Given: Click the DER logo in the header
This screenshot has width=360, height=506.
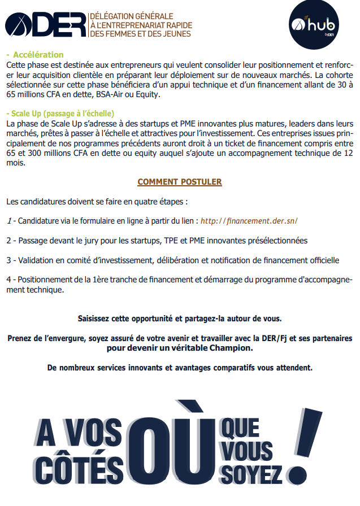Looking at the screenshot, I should (45, 24).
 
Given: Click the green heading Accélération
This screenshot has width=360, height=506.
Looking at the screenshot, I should (38, 55).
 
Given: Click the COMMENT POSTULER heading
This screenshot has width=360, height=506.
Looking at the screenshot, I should (180, 182).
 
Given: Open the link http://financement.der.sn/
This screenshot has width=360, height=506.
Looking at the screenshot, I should (249, 220).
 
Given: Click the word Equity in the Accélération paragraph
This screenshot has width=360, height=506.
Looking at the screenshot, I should (149, 94).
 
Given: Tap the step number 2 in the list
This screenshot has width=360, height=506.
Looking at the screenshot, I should (8, 240).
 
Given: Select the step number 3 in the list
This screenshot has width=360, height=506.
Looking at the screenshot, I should (8, 260).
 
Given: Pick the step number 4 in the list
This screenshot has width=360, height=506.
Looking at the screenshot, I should (8, 280).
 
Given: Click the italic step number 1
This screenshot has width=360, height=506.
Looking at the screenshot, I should (8, 220).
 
